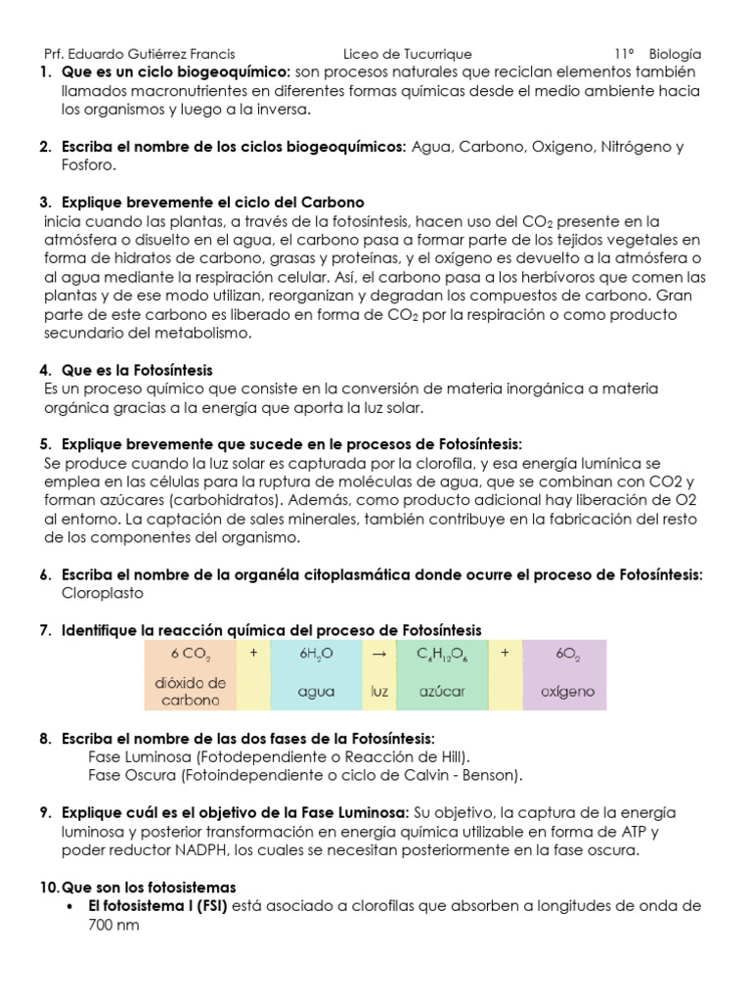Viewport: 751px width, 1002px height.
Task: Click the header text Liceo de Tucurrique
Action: [x=408, y=54]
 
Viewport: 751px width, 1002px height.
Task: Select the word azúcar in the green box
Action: [x=442, y=691]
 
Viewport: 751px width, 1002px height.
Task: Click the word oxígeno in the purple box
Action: [x=567, y=691]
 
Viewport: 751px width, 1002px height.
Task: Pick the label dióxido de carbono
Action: [x=190, y=691]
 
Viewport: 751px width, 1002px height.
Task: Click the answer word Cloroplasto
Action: [x=103, y=593]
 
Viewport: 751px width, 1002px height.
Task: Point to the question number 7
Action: [x=45, y=629]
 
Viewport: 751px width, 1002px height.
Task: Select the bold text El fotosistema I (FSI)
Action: [x=156, y=906]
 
